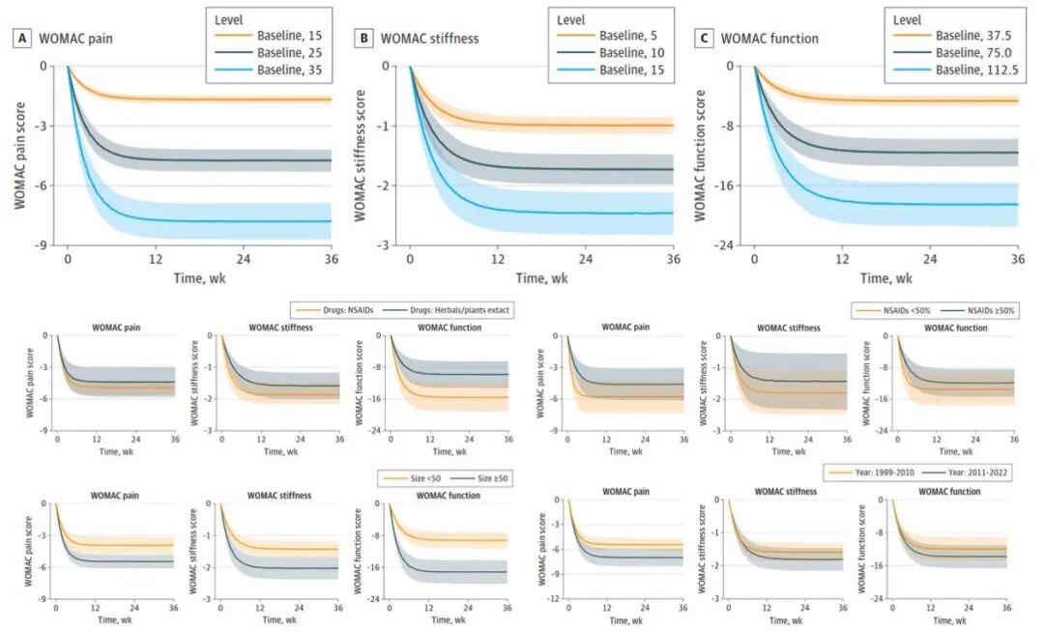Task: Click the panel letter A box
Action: [18, 39]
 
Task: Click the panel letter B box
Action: [364, 39]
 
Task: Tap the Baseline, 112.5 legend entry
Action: [952, 70]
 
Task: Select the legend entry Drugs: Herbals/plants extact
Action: [448, 311]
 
